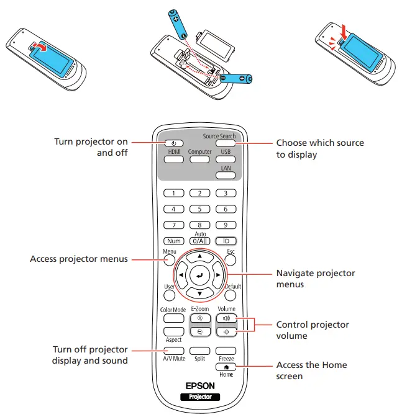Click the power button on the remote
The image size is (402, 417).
175,143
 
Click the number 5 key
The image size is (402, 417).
200,209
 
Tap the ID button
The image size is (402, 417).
226,240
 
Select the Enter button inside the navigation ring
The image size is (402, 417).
200,274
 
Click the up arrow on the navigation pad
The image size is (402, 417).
200,256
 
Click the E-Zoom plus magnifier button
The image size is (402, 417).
200,318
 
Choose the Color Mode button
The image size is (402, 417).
173,318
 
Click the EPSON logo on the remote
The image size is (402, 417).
200,385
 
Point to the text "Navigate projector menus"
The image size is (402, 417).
316,279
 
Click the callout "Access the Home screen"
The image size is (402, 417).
311,370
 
